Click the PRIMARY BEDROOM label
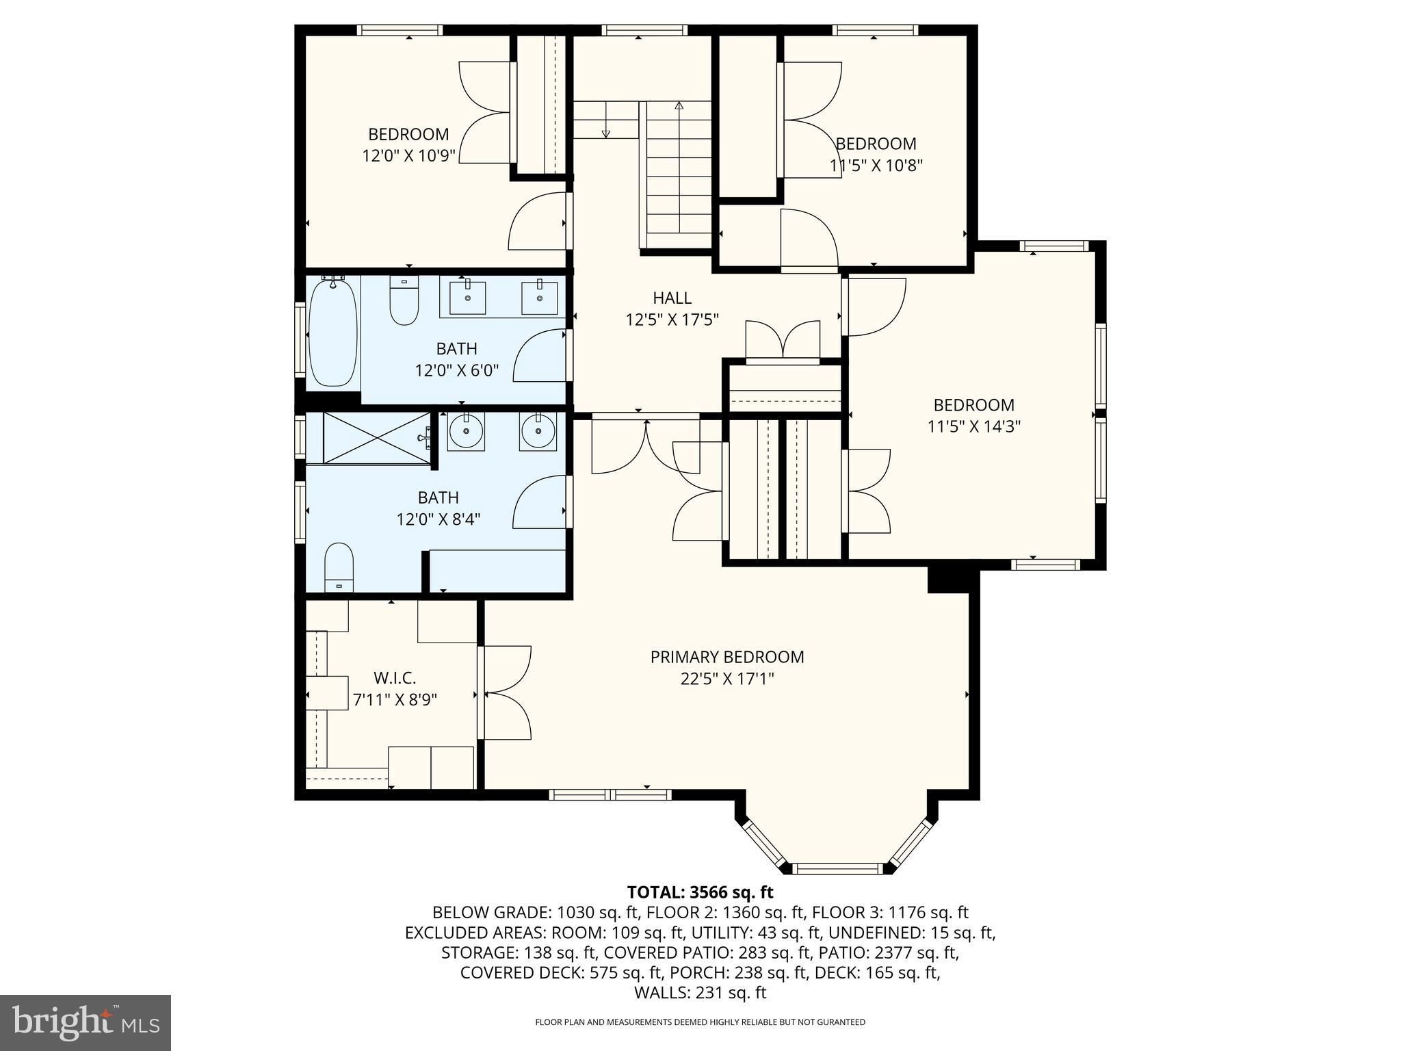726,657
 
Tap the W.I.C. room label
395,678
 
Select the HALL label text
672,298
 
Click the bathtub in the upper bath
333,333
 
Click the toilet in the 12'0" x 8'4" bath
339,567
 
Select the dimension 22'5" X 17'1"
726,679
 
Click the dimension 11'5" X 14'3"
973,427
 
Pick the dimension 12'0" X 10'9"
408,156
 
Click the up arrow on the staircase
679,106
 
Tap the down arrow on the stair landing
605,133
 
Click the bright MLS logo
86,1022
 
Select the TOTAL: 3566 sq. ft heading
700,892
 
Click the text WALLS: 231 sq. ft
700,993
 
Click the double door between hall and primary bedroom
646,445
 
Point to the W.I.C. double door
505,692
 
